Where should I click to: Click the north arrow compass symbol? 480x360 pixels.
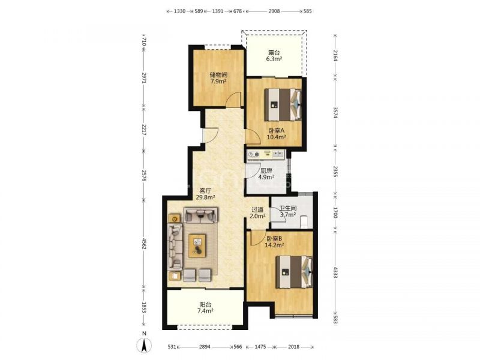145,346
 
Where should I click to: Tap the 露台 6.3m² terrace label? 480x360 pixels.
274,56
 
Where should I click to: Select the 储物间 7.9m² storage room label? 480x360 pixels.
218,78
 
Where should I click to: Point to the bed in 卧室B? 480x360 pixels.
294,272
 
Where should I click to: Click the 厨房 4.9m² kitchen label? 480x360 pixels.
266,173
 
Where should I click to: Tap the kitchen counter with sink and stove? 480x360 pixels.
266,155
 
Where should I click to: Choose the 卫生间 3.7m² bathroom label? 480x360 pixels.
288,212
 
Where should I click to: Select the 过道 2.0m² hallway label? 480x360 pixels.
257,213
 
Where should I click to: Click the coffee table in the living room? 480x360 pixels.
197,246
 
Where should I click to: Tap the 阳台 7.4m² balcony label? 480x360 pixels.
205,308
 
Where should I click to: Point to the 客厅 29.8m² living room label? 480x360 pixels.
205,194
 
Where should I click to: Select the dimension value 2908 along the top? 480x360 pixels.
274,11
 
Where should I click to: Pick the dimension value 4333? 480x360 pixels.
335,272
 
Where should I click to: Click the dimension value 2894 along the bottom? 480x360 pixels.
205,347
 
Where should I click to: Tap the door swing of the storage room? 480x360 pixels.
233,99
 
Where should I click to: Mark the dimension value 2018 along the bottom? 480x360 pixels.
293,347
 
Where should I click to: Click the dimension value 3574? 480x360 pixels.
335,113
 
